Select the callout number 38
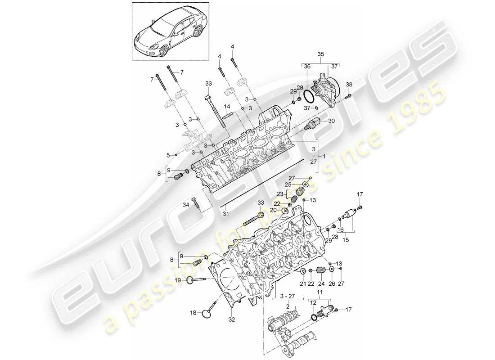point(350,85)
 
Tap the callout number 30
point(332,121)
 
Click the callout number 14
point(227,107)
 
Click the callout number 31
point(225,213)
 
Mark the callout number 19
point(178,280)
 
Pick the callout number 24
point(321,283)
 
